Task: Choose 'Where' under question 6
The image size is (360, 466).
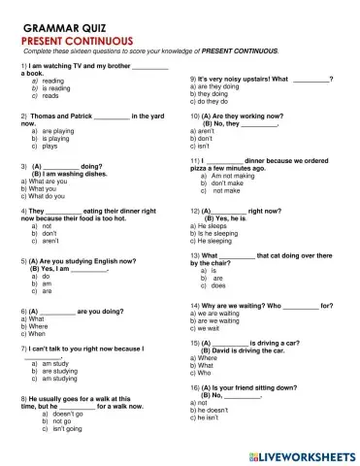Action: pyautogui.click(x=37, y=326)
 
